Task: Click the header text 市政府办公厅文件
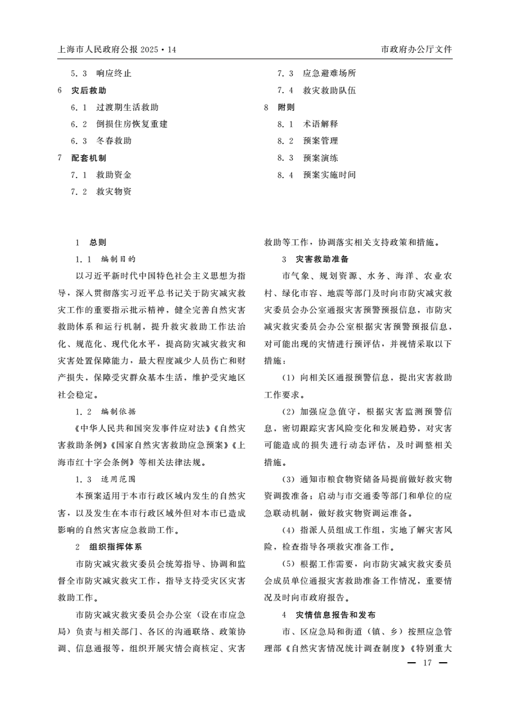[x=416, y=49]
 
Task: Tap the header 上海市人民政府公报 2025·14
[x=116, y=49]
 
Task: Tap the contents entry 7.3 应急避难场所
[x=316, y=74]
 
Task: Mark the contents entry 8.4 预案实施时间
[x=316, y=174]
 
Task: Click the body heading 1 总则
[x=90, y=243]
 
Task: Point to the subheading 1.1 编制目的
[x=105, y=259]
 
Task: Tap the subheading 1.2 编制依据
[x=105, y=411]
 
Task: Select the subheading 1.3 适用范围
[x=105, y=479]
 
